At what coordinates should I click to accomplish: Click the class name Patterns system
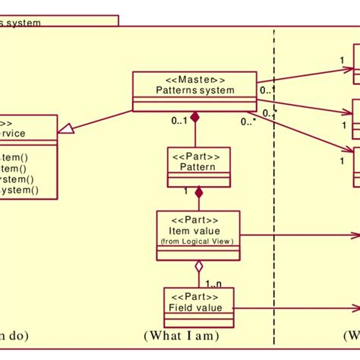194,90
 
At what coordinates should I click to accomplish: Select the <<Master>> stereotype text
194,79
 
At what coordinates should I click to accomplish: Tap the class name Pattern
198,166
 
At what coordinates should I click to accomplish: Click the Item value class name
197,230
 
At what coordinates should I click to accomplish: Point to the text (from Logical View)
197,242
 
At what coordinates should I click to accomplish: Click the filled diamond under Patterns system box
195,117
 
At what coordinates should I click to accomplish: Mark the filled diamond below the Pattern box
199,193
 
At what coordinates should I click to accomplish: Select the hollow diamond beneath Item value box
198,267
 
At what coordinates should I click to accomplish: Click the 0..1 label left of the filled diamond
179,120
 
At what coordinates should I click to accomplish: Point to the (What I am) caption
181,335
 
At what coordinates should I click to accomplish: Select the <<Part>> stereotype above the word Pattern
198,155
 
